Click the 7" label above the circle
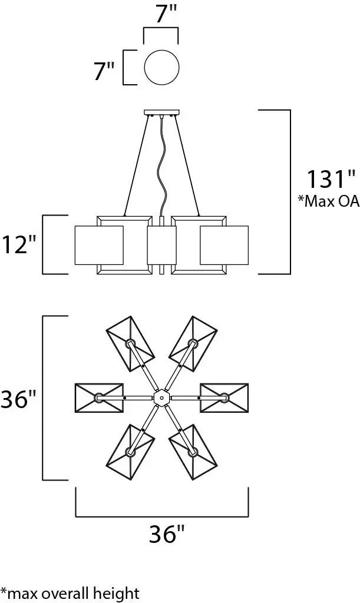coord(162,14)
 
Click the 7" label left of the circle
coord(104,72)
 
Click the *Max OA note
coord(329,202)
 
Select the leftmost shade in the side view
coord(98,244)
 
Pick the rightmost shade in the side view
coord(224,244)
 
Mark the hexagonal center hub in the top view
coord(161,399)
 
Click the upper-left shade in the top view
coord(130,343)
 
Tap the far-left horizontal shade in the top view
coord(99,398)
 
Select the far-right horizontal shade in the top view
coord(224,398)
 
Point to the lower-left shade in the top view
coord(130,452)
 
